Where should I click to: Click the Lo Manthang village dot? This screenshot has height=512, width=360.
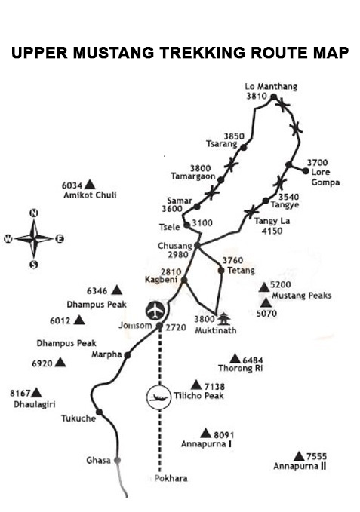[274, 97]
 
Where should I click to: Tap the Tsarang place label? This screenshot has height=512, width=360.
[222, 144]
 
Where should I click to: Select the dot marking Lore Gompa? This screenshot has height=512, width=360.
[306, 170]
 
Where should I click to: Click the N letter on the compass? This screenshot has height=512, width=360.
[34, 213]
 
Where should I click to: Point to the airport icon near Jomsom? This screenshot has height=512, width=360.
[155, 310]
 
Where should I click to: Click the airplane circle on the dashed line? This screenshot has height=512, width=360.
[158, 397]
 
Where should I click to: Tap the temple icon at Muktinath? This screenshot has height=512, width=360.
[224, 319]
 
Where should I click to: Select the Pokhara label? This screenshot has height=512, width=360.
[171, 478]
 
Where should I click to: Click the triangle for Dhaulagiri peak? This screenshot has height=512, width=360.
[36, 393]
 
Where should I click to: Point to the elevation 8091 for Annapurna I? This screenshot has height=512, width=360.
[224, 435]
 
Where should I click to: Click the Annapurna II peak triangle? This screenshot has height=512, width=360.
[299, 456]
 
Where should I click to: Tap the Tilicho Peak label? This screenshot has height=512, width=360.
[198, 396]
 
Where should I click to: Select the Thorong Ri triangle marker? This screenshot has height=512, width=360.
[235, 359]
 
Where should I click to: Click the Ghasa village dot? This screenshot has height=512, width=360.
[117, 461]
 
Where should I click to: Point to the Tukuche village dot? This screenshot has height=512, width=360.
[100, 412]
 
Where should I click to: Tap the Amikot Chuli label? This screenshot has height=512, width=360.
[90, 195]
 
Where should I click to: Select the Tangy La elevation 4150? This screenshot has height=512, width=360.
[272, 231]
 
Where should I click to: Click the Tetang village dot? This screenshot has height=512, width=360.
[221, 271]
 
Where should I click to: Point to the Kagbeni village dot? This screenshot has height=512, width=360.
[184, 280]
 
